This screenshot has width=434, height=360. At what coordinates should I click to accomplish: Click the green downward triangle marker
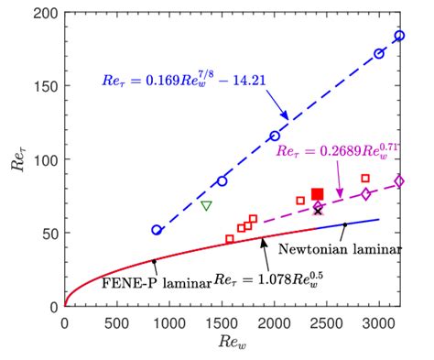(x=207, y=205)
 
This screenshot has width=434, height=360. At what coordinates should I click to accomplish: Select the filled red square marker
(x=318, y=193)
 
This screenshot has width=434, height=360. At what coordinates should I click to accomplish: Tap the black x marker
(x=318, y=211)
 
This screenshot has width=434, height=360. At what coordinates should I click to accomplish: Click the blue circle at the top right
(x=399, y=36)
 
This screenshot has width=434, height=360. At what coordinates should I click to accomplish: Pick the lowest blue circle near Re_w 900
(x=157, y=230)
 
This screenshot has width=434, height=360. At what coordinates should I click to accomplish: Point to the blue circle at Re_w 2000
(x=275, y=136)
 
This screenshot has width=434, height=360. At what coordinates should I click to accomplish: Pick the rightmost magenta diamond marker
(x=399, y=181)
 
